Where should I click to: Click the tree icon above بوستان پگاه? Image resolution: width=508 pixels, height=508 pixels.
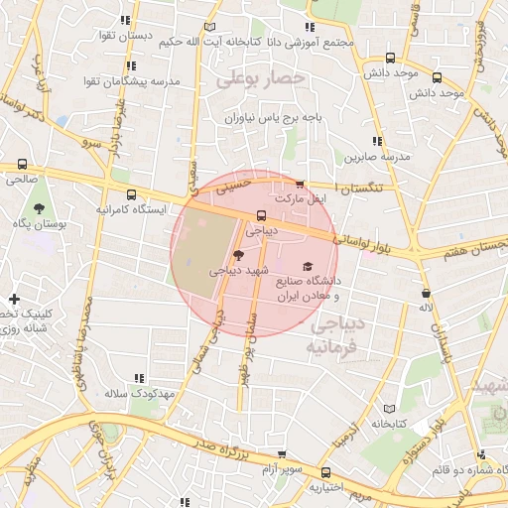pos(38,208)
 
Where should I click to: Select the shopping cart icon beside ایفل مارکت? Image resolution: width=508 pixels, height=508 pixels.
pos(300,185)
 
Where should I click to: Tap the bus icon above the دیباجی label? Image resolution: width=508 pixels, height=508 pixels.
pos(261,215)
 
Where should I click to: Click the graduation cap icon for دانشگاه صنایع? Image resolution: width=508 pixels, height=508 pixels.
pos(308,267)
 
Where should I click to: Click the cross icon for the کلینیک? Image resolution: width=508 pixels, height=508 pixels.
pos(14,299)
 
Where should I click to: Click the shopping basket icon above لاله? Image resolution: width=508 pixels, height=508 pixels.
pos(426,294)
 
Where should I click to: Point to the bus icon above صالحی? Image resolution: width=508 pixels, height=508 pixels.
pos(22,164)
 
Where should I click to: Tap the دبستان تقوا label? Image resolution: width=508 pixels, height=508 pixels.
pos(124,37)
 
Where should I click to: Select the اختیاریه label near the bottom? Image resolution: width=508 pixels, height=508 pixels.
pos(323,487)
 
